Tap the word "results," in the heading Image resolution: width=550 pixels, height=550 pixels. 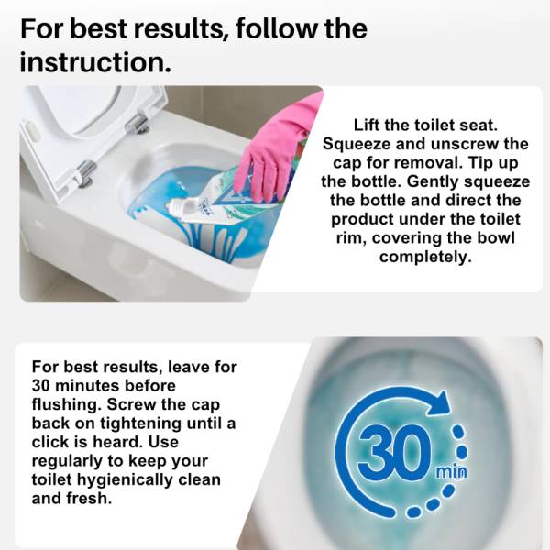(179, 28)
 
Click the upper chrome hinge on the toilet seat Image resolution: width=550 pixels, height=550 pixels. (137, 124)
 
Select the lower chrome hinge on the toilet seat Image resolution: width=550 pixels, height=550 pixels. (86, 172)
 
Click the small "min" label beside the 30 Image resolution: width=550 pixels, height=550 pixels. (451, 472)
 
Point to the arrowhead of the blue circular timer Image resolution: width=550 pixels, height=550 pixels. (439, 403)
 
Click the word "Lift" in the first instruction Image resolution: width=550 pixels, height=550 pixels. (366, 126)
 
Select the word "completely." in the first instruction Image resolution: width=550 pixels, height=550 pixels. (425, 257)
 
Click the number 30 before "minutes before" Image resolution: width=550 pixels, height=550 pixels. (40, 386)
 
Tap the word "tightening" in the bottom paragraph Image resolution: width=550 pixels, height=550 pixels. (141, 423)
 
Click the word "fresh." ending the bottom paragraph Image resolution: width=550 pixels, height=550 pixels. (87, 499)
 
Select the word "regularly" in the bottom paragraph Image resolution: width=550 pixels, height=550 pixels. (67, 461)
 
